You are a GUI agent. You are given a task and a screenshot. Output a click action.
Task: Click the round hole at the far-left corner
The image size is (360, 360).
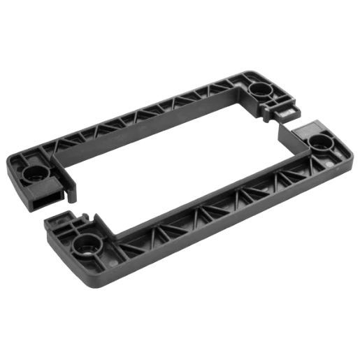point(34,172)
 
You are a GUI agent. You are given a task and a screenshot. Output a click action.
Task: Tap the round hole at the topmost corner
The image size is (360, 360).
point(262,89)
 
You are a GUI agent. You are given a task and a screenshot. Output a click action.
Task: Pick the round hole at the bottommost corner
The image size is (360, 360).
point(86,246)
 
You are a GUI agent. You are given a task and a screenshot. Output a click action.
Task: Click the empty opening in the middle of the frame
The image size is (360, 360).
point(175,168)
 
